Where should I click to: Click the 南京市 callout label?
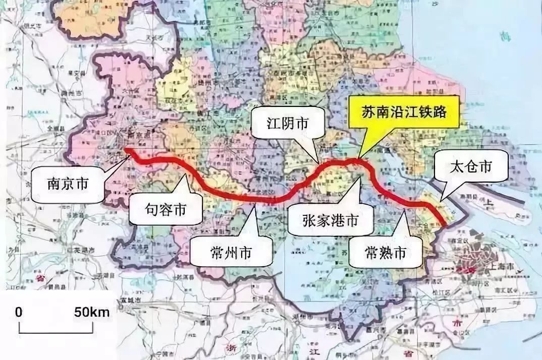pyautogui.click(x=67, y=184)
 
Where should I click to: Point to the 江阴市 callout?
pyautogui.click(x=288, y=123)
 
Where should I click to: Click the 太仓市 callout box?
pyautogui.click(x=471, y=167)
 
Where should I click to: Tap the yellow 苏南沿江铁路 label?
pyautogui.click(x=404, y=112)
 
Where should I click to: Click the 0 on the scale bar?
pyautogui.click(x=19, y=312)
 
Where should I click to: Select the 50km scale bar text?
pyautogui.click(x=91, y=312)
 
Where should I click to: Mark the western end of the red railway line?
pyautogui.click(x=127, y=150)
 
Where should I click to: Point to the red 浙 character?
pyautogui.click(x=233, y=349)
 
